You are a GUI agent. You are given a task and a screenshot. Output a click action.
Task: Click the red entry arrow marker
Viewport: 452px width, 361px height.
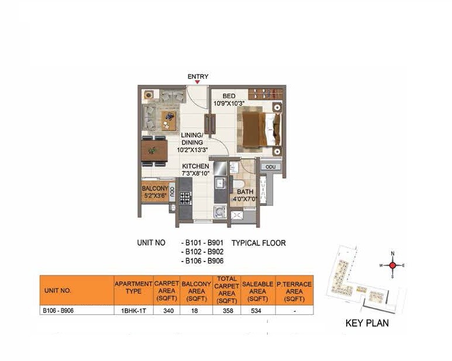coord(197,82)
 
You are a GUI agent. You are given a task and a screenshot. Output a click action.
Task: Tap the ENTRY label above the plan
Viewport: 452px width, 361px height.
coord(198,76)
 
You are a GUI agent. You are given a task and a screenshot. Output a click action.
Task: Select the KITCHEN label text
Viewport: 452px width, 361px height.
coord(195,166)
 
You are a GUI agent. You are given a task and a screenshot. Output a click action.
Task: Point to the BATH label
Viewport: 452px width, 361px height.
coord(245,191)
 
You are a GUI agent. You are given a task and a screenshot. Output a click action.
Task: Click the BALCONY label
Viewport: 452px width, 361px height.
coord(155,188)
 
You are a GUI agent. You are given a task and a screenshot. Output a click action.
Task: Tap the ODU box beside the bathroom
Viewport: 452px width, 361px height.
coord(270,167)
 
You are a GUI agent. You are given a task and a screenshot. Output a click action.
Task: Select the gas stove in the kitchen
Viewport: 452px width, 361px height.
coord(185,197)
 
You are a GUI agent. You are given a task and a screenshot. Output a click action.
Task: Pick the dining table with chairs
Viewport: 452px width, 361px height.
coord(154,150)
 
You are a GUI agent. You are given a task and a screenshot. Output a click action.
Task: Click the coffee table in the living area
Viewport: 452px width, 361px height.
coord(169,121)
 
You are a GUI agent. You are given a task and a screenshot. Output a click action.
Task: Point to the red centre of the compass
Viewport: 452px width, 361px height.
coord(392,265)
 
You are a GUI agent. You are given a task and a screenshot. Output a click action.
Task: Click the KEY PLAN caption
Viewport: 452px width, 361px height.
coord(367,323)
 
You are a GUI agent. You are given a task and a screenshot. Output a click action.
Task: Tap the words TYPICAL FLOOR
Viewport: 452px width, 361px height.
coord(258,242)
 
